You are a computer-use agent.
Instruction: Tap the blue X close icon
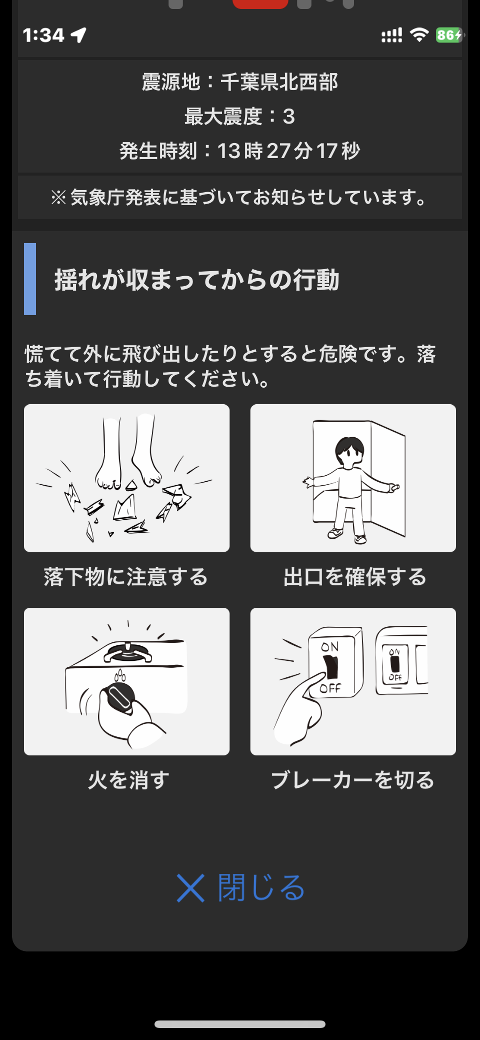pos(190,888)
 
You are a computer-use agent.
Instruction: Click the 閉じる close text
pos(261,888)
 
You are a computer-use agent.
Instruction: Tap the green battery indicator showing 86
pos(449,35)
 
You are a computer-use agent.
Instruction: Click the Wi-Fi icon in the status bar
pos(419,35)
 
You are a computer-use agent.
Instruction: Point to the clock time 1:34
pos(43,35)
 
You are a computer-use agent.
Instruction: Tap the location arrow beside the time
pos(78,35)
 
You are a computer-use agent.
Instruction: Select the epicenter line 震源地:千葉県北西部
pos(240,82)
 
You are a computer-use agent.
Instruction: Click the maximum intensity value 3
pos(289,117)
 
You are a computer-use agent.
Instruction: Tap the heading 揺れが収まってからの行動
pos(197,279)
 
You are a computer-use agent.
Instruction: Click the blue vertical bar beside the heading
pos(30,279)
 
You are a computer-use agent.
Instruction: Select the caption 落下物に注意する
pos(126,577)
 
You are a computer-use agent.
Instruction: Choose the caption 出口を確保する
pos(355,577)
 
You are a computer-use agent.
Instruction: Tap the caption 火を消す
pos(128,780)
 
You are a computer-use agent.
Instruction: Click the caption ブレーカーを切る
pos(353,780)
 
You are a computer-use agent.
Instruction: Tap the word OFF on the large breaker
pos(330,688)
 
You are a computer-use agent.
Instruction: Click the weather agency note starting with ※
pos(240,198)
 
